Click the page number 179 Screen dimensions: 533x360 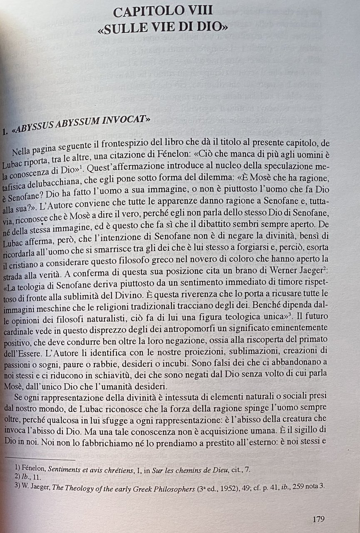click(x=318, y=519)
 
